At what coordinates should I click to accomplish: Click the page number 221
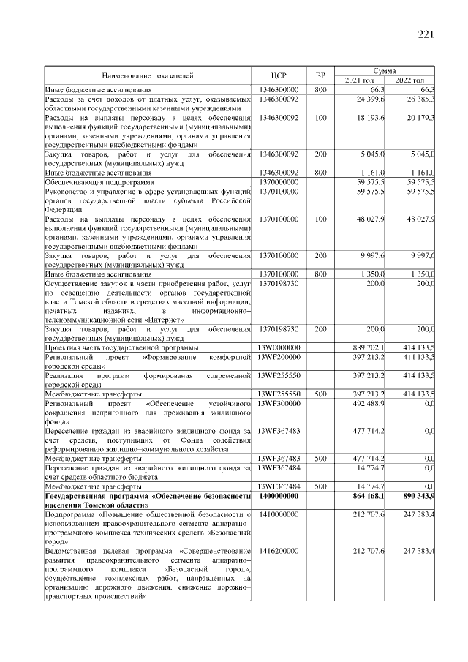click(427, 35)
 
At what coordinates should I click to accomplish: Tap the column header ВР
click(320, 75)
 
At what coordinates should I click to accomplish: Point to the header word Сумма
click(385, 70)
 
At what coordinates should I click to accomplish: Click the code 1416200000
click(279, 550)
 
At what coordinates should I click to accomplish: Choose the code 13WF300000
click(279, 402)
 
